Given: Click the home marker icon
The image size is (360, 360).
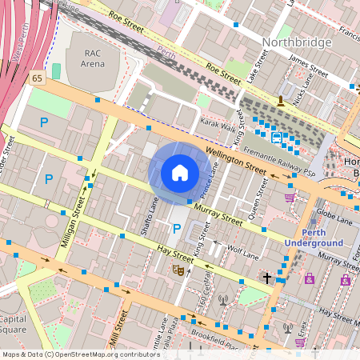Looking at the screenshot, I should pos(179,172).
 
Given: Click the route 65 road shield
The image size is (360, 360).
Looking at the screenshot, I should pos(38,78).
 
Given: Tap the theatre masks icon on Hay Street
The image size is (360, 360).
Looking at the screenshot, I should pos(178,271).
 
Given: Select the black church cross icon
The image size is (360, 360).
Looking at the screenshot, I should pos(267,278).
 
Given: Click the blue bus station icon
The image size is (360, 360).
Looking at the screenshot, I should pos(277,137).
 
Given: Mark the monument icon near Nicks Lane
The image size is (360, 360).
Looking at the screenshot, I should pos(280,101).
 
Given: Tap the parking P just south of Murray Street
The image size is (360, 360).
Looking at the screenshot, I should pos(177,230).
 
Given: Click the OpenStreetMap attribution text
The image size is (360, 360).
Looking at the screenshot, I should pos(80,354).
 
